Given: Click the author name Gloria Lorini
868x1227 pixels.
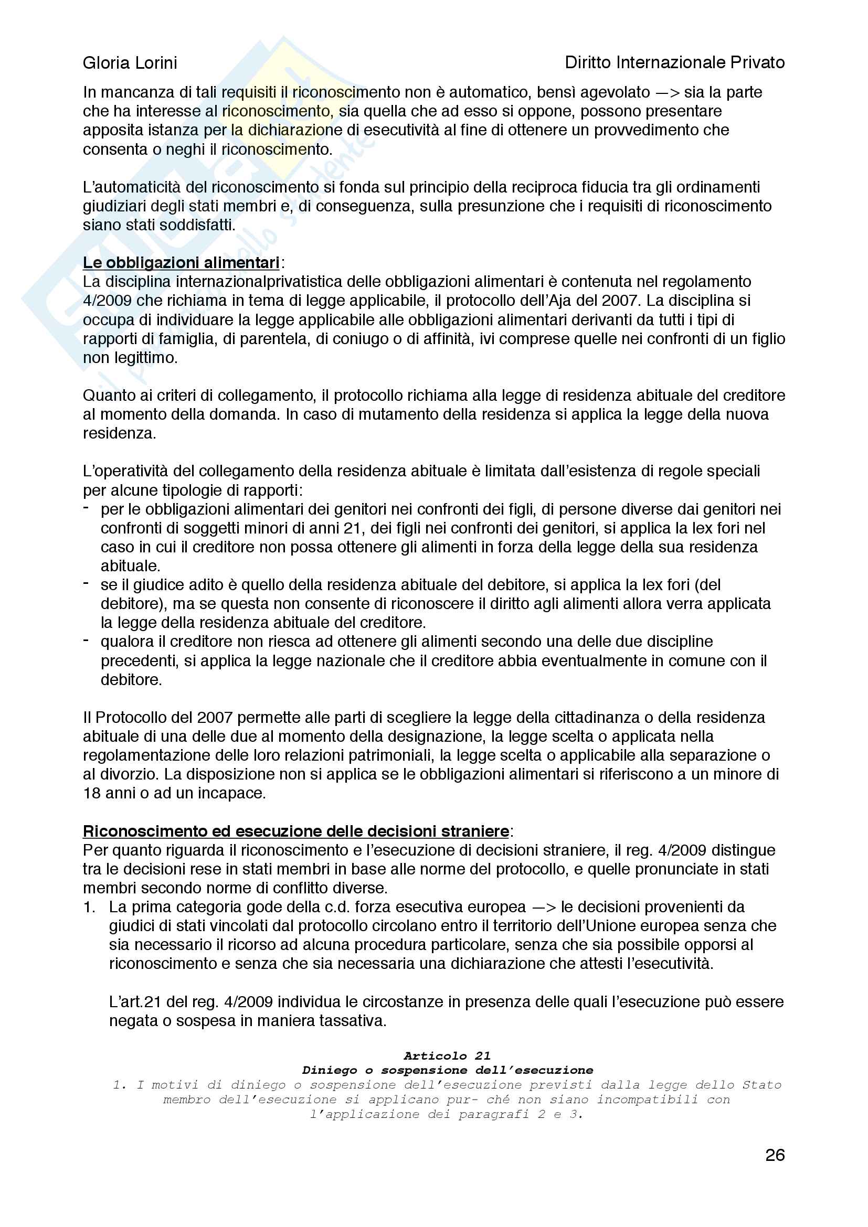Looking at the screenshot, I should (x=130, y=63).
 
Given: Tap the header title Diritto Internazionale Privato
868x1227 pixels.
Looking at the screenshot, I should (x=674, y=62).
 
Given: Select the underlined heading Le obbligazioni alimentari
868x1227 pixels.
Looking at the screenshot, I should (x=181, y=263).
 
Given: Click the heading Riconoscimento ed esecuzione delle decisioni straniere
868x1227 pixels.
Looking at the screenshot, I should (x=295, y=831).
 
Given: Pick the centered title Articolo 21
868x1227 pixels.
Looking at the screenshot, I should (x=447, y=1055).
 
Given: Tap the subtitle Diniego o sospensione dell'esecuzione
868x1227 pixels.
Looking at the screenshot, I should (x=447, y=1070).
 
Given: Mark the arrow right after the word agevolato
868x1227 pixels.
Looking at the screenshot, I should (x=667, y=92).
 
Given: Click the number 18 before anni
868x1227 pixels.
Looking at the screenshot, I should (x=92, y=793).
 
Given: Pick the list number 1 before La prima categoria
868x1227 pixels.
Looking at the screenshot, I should (x=89, y=907).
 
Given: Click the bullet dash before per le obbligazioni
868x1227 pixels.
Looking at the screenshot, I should (x=86, y=508).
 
